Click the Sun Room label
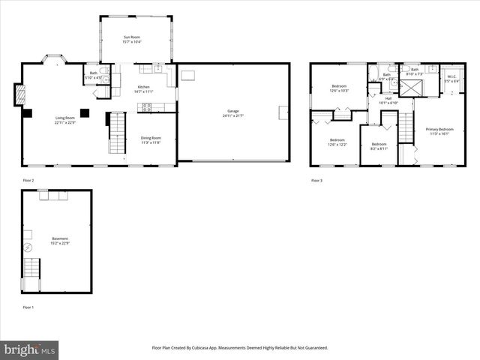pyautogui.click(x=132, y=38)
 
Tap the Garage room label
pyautogui.click(x=233, y=114)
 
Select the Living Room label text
pyautogui.click(x=65, y=120)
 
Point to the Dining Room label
pyautogui.click(x=151, y=139)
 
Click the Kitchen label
pyautogui.click(x=143, y=89)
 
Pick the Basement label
pyautogui.click(x=59, y=241)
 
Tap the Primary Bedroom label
pyautogui.click(x=440, y=131)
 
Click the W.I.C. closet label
pyautogui.click(x=451, y=78)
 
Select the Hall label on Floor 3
pyautogui.click(x=388, y=100)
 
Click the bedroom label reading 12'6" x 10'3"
pyautogui.click(x=338, y=88)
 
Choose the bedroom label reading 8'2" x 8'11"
pyautogui.click(x=379, y=146)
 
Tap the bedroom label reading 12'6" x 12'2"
pyautogui.click(x=337, y=142)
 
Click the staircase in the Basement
pyautogui.click(x=31, y=268)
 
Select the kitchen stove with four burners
pyautogui.click(x=146, y=106)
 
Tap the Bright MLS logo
pyautogui.click(x=30, y=349)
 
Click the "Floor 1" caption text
pyautogui.click(x=28, y=307)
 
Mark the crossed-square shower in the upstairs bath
pyautogui.click(x=410, y=87)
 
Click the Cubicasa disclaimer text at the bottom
pyautogui.click(x=240, y=348)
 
